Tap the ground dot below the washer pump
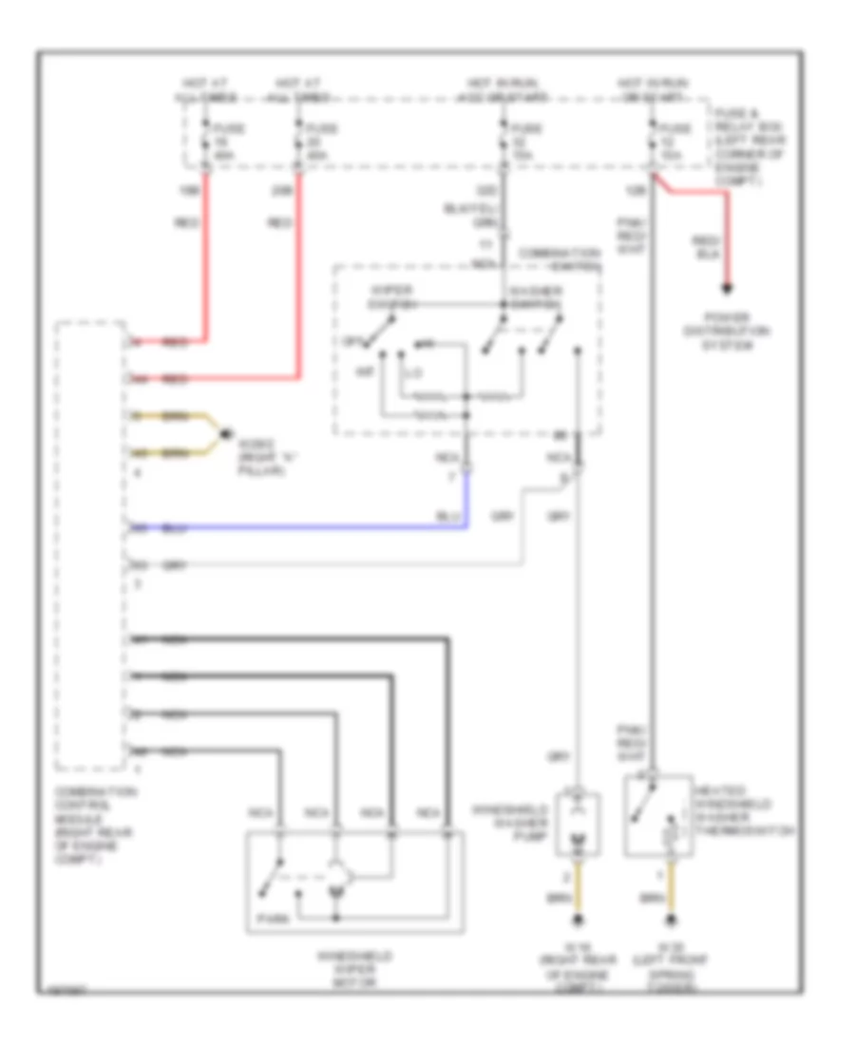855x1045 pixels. click(x=579, y=921)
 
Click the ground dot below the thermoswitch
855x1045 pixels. click(x=674, y=921)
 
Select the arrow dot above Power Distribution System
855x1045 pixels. click(x=729, y=289)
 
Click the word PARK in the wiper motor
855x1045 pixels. click(x=268, y=919)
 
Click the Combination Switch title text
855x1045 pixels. click(x=560, y=259)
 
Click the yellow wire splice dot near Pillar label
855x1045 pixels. click(x=224, y=434)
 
